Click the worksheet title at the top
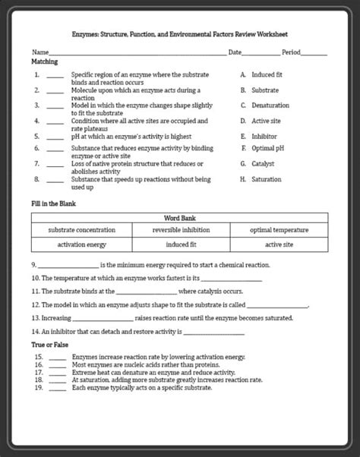click(x=180, y=34)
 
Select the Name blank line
click(x=137, y=53)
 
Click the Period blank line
click(x=314, y=53)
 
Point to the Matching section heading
click(x=44, y=61)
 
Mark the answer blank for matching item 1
click(x=54, y=76)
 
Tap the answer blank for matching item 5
click(x=54, y=137)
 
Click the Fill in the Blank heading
click(x=53, y=203)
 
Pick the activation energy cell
click(x=81, y=244)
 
